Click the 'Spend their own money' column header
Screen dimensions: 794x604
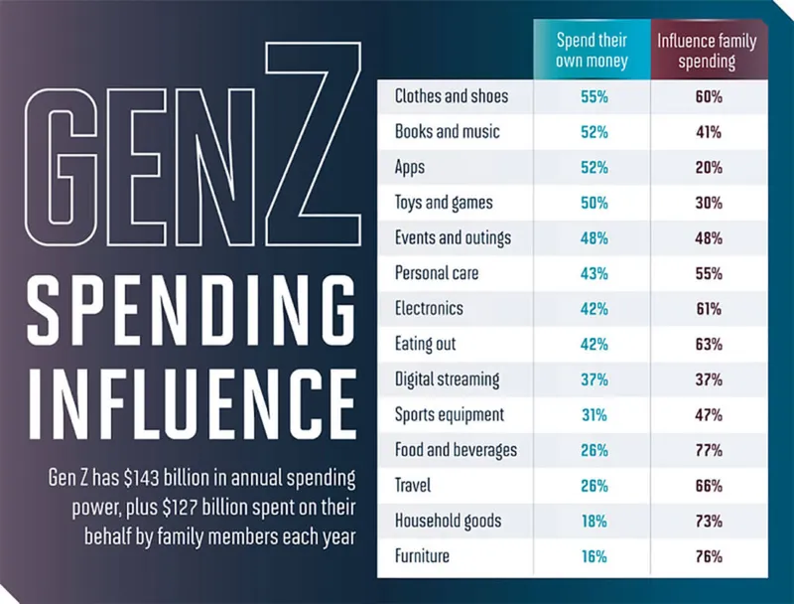592,50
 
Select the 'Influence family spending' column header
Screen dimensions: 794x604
707,51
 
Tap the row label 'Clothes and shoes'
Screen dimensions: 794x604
452,96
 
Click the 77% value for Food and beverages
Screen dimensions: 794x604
709,450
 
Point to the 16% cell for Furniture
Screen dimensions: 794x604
594,556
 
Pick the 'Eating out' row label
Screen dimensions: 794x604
425,344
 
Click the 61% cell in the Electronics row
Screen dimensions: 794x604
709,309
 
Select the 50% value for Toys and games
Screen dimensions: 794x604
594,203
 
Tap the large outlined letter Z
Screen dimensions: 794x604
314,144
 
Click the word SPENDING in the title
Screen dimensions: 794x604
192,311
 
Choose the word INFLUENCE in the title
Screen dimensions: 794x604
193,403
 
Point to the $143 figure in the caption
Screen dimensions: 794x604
140,478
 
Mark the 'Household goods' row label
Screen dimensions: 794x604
448,521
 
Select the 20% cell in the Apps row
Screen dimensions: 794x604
709,167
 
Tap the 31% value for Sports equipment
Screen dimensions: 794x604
594,415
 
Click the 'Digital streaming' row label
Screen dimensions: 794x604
447,379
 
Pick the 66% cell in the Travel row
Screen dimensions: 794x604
709,486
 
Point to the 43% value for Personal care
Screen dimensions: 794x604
594,273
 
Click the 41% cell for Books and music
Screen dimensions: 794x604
709,132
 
